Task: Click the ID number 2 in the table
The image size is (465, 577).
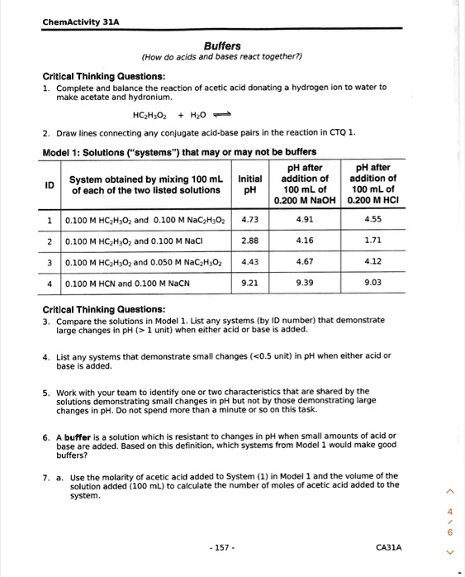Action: [x=50, y=242]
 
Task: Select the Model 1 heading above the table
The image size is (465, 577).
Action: [x=178, y=150]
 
